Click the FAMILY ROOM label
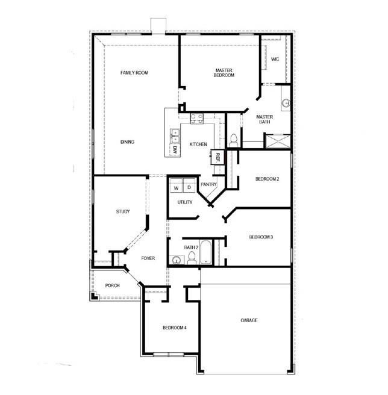pos(134,73)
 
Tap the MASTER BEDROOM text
pos(224,73)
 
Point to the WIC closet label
pos(275,59)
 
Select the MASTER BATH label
pos(265,119)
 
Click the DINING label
pos(127,142)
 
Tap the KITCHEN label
pos(198,145)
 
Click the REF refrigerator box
pos(218,157)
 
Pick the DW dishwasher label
pos(175,149)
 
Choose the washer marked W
pos(177,188)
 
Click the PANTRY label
pos(208,184)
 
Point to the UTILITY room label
pos(185,202)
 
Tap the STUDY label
pos(123,212)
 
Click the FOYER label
pos(148,258)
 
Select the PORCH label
pos(112,285)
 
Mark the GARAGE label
pos(249,320)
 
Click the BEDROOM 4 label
pos(175,328)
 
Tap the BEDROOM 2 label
pos(267,179)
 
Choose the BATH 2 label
pos(192,247)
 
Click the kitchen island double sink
pos(175,135)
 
